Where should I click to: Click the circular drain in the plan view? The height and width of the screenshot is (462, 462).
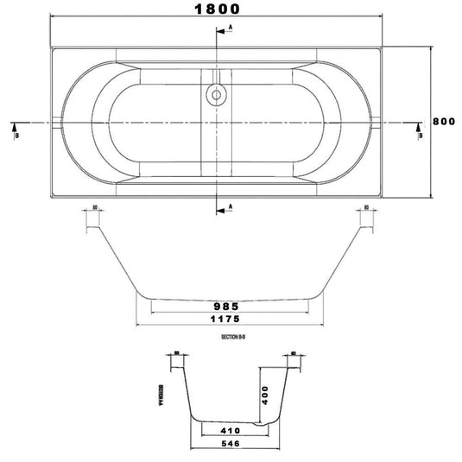coord(215,96)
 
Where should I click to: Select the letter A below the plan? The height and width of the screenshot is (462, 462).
coord(231,206)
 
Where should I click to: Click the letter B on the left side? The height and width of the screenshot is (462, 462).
coord(15,135)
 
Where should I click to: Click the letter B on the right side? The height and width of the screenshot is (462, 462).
coord(420,135)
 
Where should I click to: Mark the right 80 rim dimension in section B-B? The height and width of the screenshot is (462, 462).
coord(367,207)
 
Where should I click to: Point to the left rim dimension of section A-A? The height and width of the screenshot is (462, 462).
coord(176,353)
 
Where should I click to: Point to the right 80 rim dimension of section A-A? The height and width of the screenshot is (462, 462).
coord(293,353)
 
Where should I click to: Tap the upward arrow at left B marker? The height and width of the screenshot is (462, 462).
coord(15,125)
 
